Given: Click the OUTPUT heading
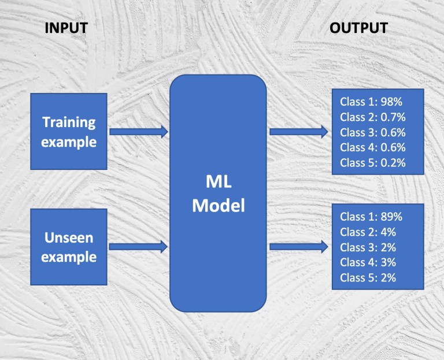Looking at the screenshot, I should tap(359, 28).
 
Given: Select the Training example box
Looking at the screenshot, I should tap(69, 132).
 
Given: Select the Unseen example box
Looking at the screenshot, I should tap(69, 247).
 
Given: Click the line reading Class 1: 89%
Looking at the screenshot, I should tap(371, 217).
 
